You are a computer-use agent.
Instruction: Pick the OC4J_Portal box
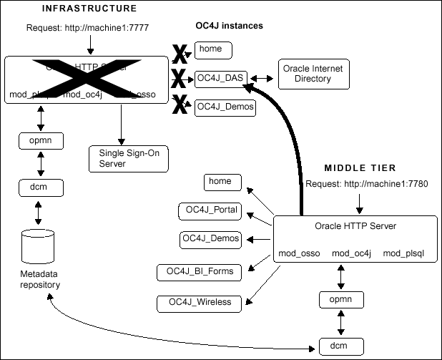pyautogui.click(x=210, y=210)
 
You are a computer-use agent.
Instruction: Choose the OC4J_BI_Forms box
pyautogui.click(x=200, y=271)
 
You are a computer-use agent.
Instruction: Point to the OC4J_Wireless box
pyautogui.click(x=199, y=302)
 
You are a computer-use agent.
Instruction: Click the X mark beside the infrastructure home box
pyautogui.click(x=180, y=52)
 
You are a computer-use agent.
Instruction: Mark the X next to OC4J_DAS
pyautogui.click(x=180, y=78)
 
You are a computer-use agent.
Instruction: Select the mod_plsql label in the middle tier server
pyautogui.click(x=404, y=253)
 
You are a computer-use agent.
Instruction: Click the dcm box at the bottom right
pyautogui.click(x=333, y=348)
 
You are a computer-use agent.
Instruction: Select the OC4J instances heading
pyautogui.click(x=229, y=26)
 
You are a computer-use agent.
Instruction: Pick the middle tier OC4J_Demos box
pyautogui.click(x=211, y=238)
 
